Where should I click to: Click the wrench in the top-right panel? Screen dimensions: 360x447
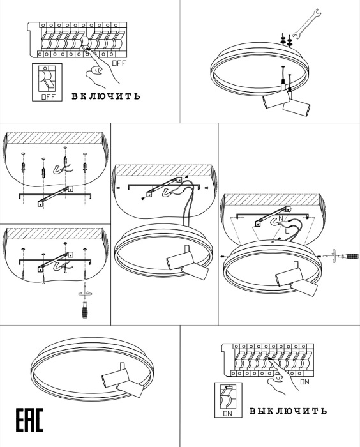coord(306,24)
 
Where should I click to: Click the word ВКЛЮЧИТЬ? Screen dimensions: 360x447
coord(106,96)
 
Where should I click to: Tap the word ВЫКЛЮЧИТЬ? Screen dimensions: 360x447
coord(288,411)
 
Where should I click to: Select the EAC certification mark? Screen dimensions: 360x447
coord(29,421)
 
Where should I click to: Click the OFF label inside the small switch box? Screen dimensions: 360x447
coord(48,96)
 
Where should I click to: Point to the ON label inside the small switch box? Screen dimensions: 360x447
coord(228,414)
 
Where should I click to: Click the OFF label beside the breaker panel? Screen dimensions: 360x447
coord(119,63)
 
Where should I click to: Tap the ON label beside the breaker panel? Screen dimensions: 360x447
coord(304,382)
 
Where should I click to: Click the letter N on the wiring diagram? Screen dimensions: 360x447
coord(280,218)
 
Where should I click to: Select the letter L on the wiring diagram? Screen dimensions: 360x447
coord(287,231)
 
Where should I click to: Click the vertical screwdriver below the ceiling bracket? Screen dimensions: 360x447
coord(85,301)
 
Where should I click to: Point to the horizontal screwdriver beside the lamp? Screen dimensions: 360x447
coord(341,255)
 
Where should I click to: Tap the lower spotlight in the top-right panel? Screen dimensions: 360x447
coord(296,108)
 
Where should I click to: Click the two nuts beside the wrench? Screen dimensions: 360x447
coord(287,40)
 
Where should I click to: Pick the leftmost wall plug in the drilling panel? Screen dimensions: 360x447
coord(23,165)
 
